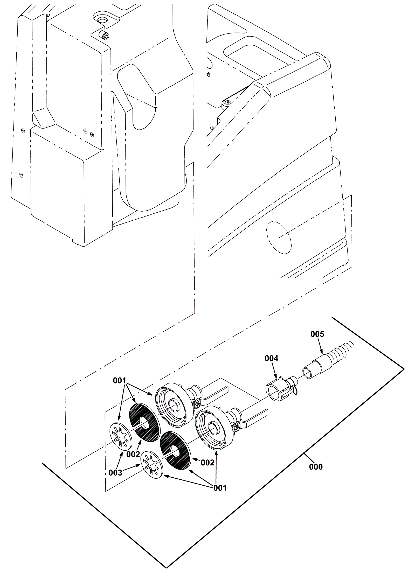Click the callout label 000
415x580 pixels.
tap(316, 467)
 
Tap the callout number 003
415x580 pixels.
tap(115, 473)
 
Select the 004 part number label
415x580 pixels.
tap(271, 358)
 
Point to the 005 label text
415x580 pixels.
tap(317, 334)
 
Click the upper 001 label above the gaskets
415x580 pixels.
tap(120, 381)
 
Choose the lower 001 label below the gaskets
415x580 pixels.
tap(220, 488)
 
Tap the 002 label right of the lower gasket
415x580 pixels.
tap(208, 463)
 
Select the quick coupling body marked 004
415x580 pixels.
tap(281, 388)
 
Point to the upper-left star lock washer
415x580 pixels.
tap(120, 437)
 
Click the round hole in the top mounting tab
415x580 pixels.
tap(102, 20)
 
